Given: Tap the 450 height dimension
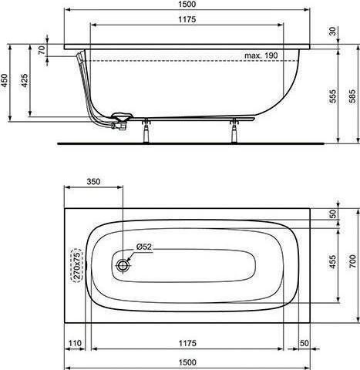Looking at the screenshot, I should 7,82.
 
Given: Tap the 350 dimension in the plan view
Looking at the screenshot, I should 93,183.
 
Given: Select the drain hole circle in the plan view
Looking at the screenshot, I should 124,265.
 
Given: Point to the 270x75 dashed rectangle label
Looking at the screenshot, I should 76,265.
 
